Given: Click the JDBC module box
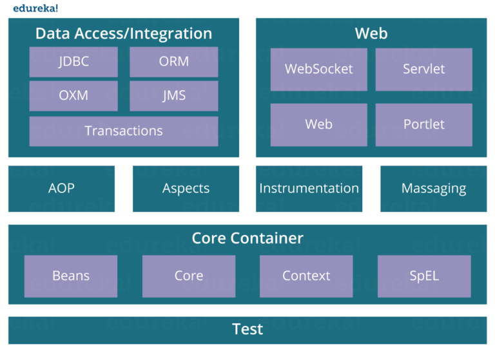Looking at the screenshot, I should pyautogui.click(x=73, y=62).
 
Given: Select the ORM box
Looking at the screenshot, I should pyautogui.click(x=173, y=62).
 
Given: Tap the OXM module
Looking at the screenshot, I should pyautogui.click(x=73, y=96).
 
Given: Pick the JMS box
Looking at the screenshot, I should pyautogui.click(x=173, y=96).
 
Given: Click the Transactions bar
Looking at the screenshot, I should pyautogui.click(x=124, y=131).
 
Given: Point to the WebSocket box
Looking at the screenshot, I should pyautogui.click(x=318, y=69).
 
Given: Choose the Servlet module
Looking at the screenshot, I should pyautogui.click(x=423, y=69).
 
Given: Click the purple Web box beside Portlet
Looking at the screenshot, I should pyautogui.click(x=318, y=124).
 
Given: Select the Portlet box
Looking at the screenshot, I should pyautogui.click(x=423, y=124).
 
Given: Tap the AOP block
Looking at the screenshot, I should pyautogui.click(x=61, y=189).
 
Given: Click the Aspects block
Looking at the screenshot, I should pyautogui.click(x=186, y=189).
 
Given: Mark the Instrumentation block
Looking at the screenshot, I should pyautogui.click(x=309, y=189).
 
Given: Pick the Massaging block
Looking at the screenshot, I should pyautogui.click(x=433, y=189).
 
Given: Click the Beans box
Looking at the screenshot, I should pyautogui.click(x=71, y=276).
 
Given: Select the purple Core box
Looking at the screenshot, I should pyautogui.click(x=189, y=276).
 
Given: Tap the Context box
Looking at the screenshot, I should pyautogui.click(x=306, y=276).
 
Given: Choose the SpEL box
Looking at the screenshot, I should pyautogui.click(x=424, y=276).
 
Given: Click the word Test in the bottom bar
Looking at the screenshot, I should pyautogui.click(x=247, y=330).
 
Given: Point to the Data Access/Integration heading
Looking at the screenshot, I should pyautogui.click(x=124, y=33).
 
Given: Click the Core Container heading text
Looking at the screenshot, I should pyautogui.click(x=247, y=238).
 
